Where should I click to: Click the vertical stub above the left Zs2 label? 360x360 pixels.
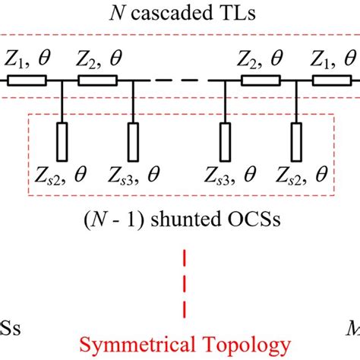point(63,140)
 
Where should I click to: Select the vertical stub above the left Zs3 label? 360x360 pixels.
point(134,140)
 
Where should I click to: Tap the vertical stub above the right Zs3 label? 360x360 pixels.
point(226,140)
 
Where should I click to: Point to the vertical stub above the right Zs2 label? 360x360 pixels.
point(296,140)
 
